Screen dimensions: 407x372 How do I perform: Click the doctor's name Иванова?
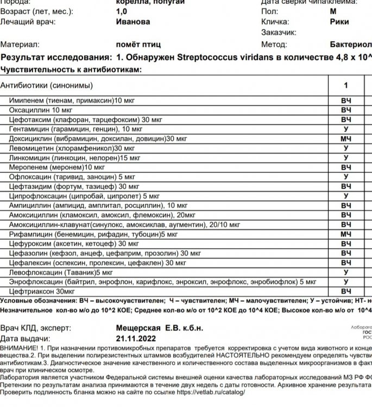click(x=133, y=22)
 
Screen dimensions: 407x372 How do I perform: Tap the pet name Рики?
click(x=339, y=22)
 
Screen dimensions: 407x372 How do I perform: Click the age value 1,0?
click(x=122, y=11)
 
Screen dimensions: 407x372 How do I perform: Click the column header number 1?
click(x=346, y=85)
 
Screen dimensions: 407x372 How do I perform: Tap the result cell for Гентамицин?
click(x=346, y=129)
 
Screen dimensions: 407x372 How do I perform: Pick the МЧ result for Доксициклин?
click(x=346, y=139)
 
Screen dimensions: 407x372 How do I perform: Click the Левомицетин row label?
click(x=72, y=148)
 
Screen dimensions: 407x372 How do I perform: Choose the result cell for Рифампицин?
click(x=346, y=234)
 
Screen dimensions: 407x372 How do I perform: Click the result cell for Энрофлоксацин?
click(x=346, y=282)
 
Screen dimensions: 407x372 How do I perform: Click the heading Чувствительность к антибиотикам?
click(x=71, y=69)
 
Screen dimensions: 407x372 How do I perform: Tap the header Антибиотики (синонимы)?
click(x=47, y=86)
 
